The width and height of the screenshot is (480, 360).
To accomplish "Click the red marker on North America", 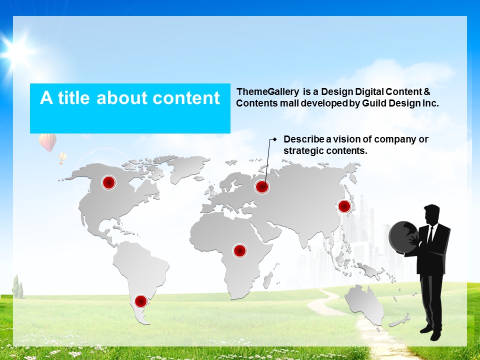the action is click(108, 183).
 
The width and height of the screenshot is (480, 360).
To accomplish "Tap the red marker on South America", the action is click(141, 301).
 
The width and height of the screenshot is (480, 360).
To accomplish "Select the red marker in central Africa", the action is click(240, 250).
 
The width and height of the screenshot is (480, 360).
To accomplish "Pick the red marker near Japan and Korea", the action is click(344, 206).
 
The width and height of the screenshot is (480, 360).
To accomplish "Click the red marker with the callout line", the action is click(262, 186).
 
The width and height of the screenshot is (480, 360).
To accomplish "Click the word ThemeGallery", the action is click(268, 92).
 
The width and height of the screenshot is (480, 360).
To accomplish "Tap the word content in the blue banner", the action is click(186, 98).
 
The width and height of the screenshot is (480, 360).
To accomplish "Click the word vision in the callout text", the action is click(352, 139).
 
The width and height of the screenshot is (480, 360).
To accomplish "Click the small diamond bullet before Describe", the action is click(274, 139).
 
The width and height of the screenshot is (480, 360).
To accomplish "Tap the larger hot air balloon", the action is click(48, 142).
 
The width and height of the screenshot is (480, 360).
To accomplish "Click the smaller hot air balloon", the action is click(62, 157).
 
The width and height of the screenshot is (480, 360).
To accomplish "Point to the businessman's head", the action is click(431, 214).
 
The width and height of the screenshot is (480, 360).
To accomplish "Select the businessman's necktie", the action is click(430, 235).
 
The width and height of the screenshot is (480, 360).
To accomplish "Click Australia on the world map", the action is click(365, 304).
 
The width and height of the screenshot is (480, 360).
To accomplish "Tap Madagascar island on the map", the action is click(268, 280).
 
